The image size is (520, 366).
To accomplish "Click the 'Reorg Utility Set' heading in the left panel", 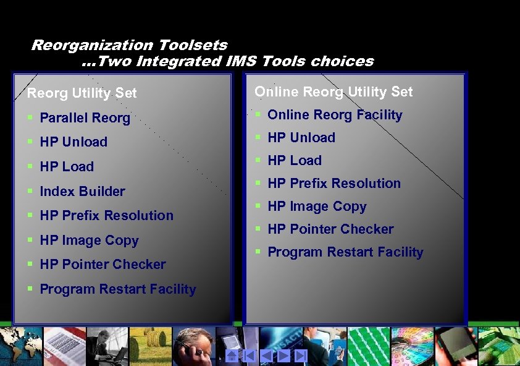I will click(x=82, y=93).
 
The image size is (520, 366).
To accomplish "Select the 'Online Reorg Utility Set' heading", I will click(x=333, y=92).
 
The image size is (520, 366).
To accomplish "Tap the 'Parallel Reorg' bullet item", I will click(x=85, y=118).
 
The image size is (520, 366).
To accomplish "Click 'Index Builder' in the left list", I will click(x=82, y=192).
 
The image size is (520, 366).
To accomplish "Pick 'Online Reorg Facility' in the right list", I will click(x=334, y=115).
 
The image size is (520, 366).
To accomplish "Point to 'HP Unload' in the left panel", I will click(x=73, y=142).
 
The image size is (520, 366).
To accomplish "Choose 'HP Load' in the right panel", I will click(x=294, y=161).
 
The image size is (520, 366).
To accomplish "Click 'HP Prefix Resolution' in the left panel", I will click(x=106, y=216).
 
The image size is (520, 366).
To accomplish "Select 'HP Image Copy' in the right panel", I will click(x=316, y=206).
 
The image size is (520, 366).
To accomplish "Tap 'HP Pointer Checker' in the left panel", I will click(x=103, y=265).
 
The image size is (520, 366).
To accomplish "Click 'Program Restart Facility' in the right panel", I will click(x=345, y=252).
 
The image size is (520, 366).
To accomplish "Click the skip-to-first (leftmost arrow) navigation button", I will click(x=249, y=355).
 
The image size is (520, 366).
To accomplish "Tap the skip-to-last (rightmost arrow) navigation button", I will click(x=301, y=355).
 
